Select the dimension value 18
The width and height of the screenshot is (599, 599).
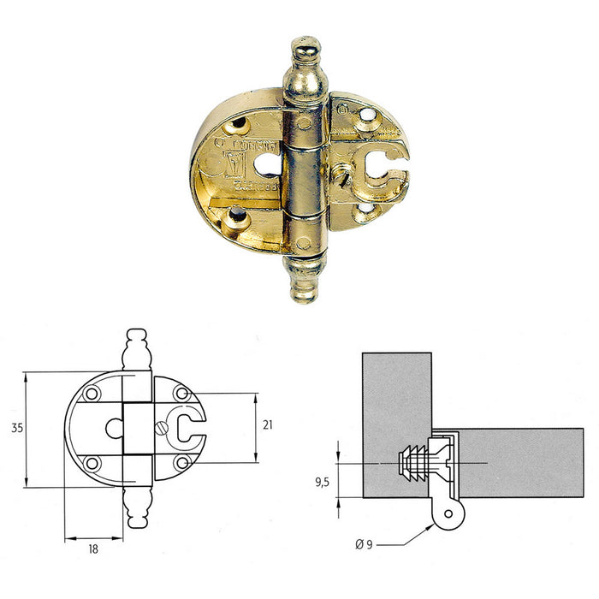pyautogui.click(x=92, y=549)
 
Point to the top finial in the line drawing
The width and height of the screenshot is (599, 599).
pyautogui.click(x=138, y=346)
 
